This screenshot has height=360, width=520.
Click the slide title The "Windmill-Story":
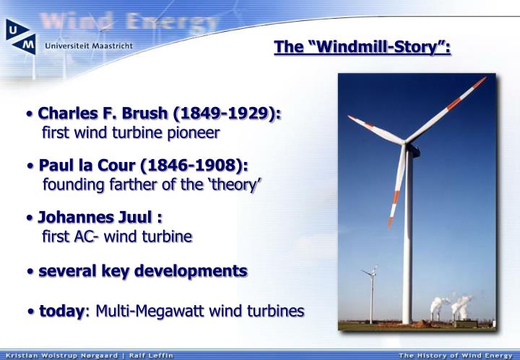point(363,48)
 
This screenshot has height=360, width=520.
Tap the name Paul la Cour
point(94,166)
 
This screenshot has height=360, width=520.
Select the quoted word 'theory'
point(234,185)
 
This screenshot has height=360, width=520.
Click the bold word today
point(61,311)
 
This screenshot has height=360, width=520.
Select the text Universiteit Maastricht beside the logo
point(88,45)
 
